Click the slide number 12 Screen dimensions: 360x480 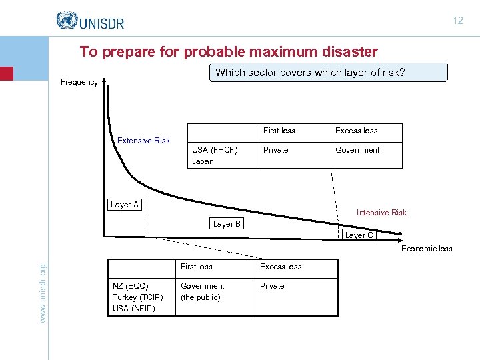[458, 21]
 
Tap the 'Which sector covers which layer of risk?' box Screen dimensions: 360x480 [329, 73]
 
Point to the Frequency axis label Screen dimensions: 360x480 [79, 82]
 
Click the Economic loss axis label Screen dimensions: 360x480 [427, 249]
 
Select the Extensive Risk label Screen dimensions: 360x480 [143, 141]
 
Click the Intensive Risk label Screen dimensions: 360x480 [381, 213]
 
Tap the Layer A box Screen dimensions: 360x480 [125, 205]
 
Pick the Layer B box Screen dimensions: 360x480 [227, 224]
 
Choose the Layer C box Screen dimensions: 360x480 [359, 235]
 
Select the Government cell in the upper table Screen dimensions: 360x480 [357, 150]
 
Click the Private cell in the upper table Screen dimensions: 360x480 [276, 150]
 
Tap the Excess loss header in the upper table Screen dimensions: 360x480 [356, 131]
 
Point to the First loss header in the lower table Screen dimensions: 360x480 [197, 267]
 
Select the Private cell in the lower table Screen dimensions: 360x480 [272, 286]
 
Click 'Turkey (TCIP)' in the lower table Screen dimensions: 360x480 [137, 297]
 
